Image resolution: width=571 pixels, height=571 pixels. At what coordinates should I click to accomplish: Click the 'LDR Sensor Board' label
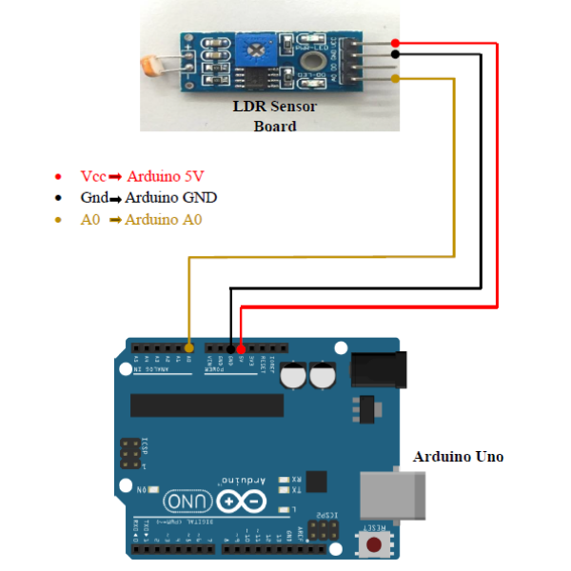pyautogui.click(x=275, y=115)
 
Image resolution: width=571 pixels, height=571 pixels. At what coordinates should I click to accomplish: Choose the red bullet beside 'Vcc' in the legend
pyautogui.click(x=59, y=176)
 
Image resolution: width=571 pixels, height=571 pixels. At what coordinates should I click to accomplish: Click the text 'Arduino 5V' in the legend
pyautogui.click(x=167, y=176)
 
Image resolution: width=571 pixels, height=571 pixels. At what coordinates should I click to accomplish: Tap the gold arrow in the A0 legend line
pyautogui.click(x=115, y=221)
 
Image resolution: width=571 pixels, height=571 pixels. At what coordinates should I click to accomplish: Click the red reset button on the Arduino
pyautogui.click(x=375, y=545)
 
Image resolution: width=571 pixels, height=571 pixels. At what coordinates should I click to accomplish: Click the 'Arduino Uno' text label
pyautogui.click(x=458, y=457)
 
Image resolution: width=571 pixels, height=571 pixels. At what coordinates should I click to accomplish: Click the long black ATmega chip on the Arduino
pyautogui.click(x=207, y=404)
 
